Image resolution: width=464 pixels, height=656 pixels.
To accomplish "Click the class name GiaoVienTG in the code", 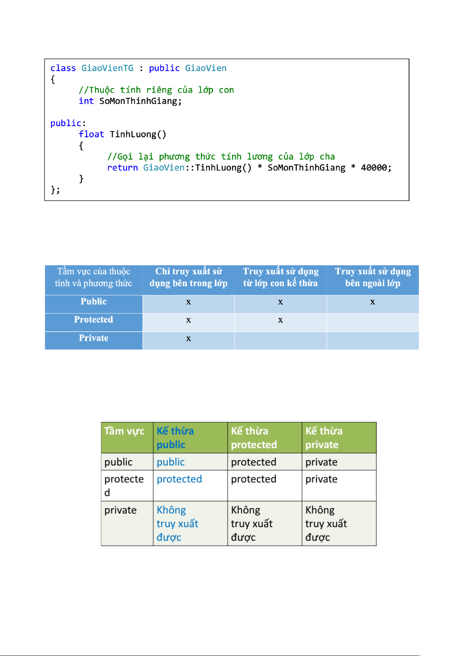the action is coord(107,68).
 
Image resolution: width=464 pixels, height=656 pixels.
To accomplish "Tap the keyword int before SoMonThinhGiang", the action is coord(86,101).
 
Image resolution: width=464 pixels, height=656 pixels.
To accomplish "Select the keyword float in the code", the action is coord(91,134).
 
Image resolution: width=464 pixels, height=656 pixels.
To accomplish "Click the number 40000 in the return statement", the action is coord(374,167).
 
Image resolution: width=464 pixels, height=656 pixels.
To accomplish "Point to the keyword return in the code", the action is coord(122,167).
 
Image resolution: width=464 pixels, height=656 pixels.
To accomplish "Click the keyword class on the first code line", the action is coord(63,68).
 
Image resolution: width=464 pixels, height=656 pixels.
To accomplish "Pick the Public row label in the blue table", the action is coord(93,301).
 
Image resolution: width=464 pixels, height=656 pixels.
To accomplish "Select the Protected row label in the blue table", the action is coord(93,319).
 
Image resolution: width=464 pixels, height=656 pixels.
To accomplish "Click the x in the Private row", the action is coord(188,339).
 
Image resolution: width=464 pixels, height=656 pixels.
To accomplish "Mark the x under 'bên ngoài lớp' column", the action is coord(373,302).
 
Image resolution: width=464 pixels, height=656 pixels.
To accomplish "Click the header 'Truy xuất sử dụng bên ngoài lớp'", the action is coord(373,277).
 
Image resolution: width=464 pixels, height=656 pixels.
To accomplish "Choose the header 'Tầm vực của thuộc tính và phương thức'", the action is coord(93,277).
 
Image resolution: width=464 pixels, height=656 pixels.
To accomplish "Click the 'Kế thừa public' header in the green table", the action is coord(175,438).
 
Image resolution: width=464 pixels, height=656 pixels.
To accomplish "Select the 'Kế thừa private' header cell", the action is coord(324,438).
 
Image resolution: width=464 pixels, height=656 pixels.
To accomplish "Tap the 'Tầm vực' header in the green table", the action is coord(124,431).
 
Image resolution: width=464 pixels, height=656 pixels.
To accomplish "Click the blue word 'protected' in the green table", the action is coord(179,479).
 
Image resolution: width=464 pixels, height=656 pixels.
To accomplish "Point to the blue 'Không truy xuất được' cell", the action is coord(178,523).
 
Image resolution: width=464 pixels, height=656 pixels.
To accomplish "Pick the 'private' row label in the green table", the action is coord(120,510).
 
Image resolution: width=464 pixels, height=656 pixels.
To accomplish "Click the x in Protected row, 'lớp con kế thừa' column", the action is coord(280,320).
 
